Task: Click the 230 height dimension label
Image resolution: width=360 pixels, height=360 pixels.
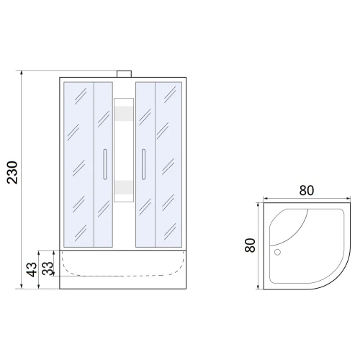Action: (x=12, y=173)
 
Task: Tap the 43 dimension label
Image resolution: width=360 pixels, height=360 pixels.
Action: (x=32, y=269)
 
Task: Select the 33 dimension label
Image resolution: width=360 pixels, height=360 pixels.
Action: (x=48, y=269)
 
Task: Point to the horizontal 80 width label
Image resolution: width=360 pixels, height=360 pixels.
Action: (x=307, y=191)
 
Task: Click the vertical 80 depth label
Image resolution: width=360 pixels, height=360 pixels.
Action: (x=250, y=246)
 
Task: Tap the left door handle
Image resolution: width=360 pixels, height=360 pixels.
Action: (x=105, y=164)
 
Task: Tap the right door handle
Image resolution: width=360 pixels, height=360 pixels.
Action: (x=143, y=164)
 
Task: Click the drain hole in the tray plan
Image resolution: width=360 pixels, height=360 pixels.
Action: (x=277, y=252)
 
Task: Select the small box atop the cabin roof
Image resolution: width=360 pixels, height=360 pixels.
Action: (x=124, y=74)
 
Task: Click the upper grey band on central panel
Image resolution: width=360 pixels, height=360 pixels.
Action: (x=124, y=113)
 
